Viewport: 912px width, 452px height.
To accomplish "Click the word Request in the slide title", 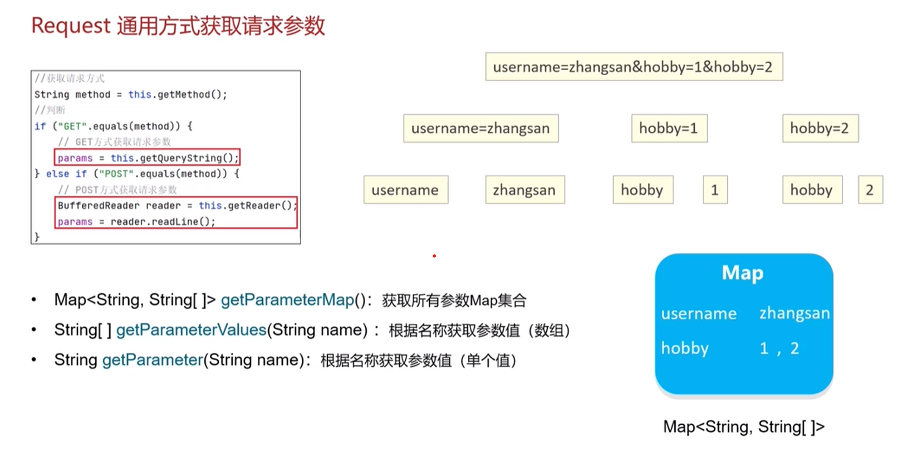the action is (x=71, y=26).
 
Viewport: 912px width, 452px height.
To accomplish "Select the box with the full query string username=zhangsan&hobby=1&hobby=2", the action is (x=634, y=67).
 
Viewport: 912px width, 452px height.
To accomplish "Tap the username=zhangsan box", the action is (x=481, y=128).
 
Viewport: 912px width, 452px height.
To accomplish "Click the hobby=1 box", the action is (x=669, y=128).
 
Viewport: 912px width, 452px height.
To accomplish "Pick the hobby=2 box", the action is (x=820, y=128).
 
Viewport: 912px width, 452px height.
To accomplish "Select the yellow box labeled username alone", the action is (x=406, y=190).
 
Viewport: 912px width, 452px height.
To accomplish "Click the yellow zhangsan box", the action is (x=525, y=190).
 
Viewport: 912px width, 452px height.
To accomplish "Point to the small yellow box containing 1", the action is (x=715, y=190).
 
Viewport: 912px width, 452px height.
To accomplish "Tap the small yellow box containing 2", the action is (x=870, y=190).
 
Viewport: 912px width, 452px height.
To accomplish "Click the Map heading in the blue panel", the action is (x=743, y=273).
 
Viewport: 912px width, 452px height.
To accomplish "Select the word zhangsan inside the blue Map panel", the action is (x=795, y=313).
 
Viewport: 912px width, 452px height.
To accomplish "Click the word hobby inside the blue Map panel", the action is (x=685, y=348).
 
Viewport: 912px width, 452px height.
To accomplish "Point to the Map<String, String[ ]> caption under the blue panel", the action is (x=744, y=427).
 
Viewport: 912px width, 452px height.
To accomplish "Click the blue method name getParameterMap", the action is (x=287, y=300).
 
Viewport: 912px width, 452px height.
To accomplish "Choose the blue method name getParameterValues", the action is (x=192, y=330).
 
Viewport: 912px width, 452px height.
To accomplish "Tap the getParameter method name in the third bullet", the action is (x=153, y=360).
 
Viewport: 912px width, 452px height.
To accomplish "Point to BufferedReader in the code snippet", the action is (x=99, y=206).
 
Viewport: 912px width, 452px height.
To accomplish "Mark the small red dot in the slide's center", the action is (x=434, y=256).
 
